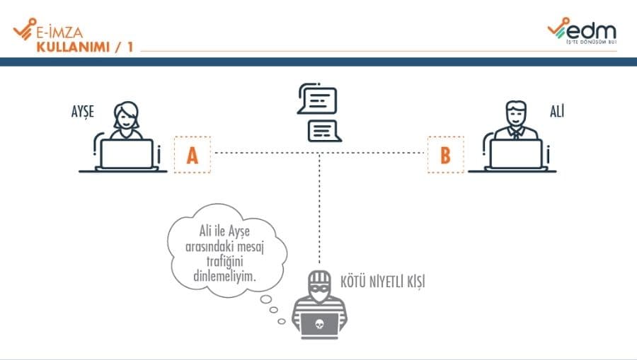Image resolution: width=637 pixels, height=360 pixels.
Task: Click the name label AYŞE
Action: point(82,112)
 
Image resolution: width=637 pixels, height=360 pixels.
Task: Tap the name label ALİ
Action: point(556,112)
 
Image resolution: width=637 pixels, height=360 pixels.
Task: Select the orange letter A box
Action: point(192,155)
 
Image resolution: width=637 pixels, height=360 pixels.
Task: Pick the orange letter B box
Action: point(445,155)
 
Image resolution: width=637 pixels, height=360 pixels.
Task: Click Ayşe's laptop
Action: point(127,153)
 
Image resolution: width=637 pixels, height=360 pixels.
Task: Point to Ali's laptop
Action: point(516,153)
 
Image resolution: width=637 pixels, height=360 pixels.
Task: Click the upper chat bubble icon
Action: point(317,100)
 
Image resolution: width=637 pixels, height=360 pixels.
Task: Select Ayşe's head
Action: point(127,115)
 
